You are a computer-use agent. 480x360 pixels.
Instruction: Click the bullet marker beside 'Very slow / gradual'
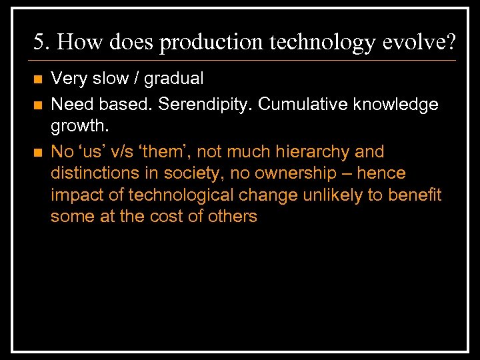(37, 79)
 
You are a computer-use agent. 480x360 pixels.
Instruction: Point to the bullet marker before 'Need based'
(37, 105)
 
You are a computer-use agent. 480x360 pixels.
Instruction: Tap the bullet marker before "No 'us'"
(37, 153)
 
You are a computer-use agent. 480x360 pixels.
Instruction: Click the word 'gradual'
(173, 79)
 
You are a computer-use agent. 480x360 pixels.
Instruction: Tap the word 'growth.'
(78, 127)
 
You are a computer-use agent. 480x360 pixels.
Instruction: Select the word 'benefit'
(415, 195)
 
